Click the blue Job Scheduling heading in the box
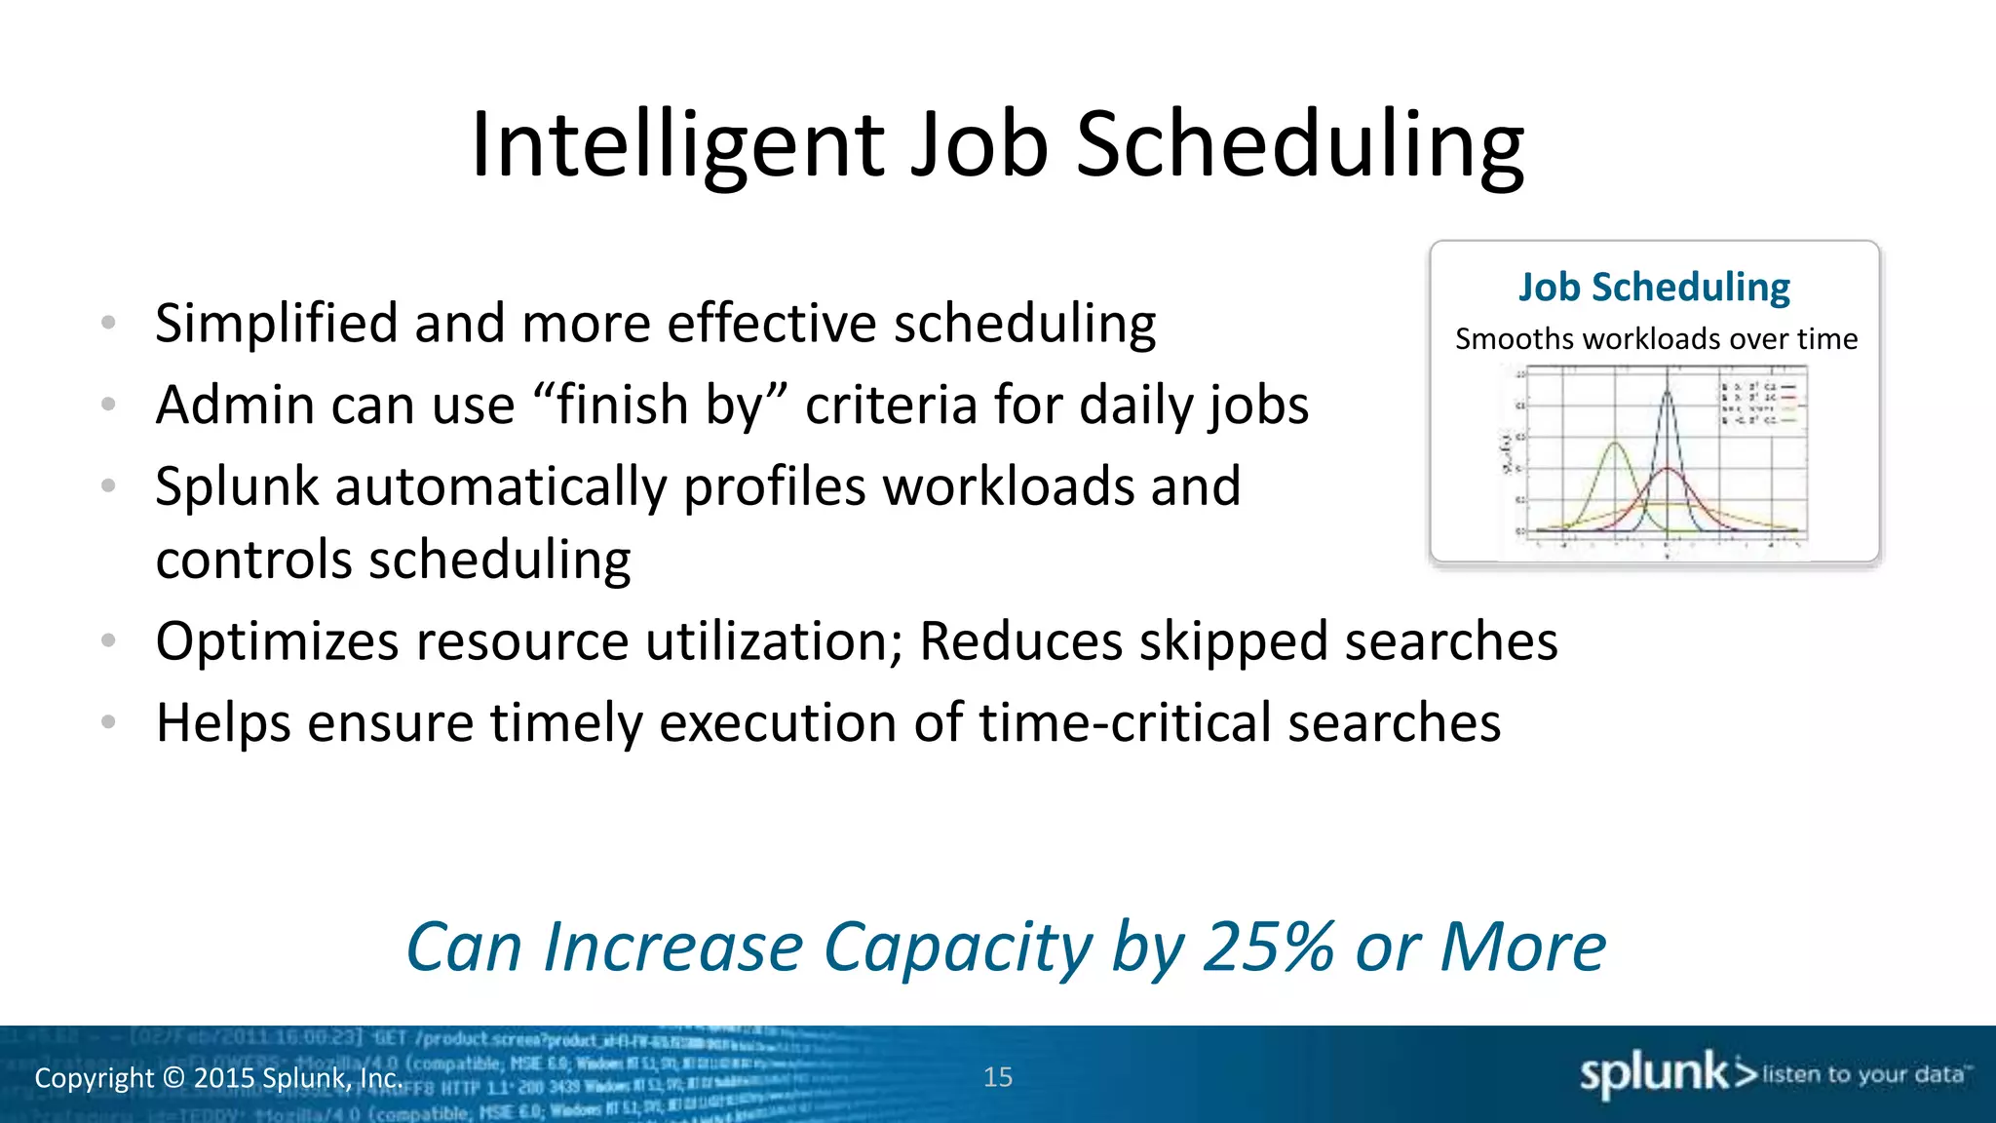point(1654,288)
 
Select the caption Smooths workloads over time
point(1656,339)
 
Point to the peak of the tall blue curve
point(1668,391)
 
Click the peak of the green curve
point(1615,445)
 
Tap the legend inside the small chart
point(1761,403)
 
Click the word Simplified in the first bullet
point(276,324)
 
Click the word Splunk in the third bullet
point(236,486)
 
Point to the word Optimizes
point(277,642)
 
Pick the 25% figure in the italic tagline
point(1268,948)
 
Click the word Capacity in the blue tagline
point(958,948)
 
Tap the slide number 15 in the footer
point(998,1077)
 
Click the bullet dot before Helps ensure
point(109,722)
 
